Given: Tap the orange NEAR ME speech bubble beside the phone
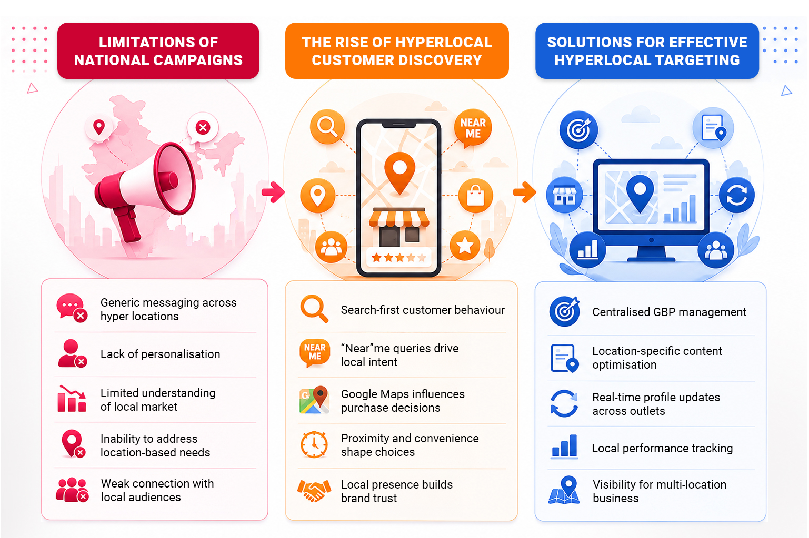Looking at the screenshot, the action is (473, 128).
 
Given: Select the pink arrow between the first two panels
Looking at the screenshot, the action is (273, 192).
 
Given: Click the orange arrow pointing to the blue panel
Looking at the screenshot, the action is (524, 192).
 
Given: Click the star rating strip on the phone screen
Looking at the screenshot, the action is (399, 257).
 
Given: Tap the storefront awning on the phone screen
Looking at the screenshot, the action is (399, 217).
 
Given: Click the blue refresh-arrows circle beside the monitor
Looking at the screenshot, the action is (736, 195).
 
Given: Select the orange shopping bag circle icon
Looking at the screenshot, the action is (476, 196).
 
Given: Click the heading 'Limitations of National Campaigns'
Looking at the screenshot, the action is (158, 51).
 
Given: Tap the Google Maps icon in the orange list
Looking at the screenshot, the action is (314, 400).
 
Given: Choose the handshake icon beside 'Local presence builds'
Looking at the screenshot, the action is (314, 491).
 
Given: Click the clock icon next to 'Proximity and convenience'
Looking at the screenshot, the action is (314, 444).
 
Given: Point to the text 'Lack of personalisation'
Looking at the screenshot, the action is (161, 354).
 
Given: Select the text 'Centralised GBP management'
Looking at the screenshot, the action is (669, 312).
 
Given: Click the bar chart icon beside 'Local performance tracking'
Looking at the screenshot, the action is (564, 446).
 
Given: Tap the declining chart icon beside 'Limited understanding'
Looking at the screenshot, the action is (72, 399).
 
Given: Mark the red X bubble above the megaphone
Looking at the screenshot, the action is (203, 128).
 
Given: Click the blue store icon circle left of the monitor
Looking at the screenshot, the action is (564, 195).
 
